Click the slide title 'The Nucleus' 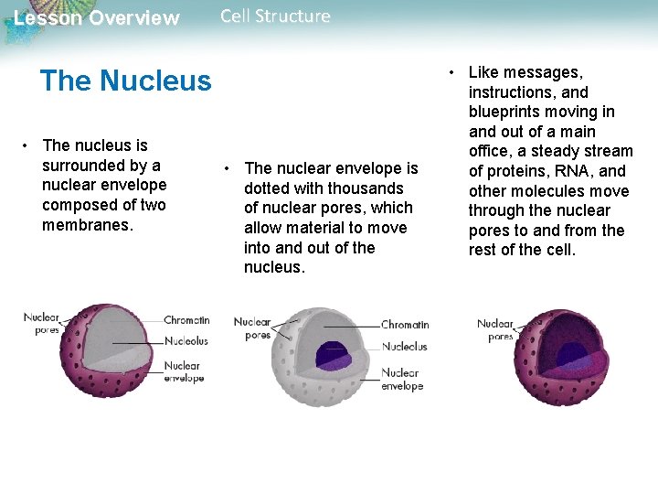125,81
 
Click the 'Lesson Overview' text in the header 97,18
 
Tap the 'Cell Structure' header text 275,16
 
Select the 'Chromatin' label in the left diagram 186,320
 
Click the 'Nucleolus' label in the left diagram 186,341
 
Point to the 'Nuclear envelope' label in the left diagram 184,371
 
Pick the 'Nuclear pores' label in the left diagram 42,323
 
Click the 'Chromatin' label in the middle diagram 405,325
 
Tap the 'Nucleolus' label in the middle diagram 404,347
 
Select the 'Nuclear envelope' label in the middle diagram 402,379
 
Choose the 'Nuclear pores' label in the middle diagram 252,328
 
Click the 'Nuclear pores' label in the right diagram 495,329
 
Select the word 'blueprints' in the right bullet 505,112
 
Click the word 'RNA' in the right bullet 567,171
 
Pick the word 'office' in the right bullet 492,151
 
